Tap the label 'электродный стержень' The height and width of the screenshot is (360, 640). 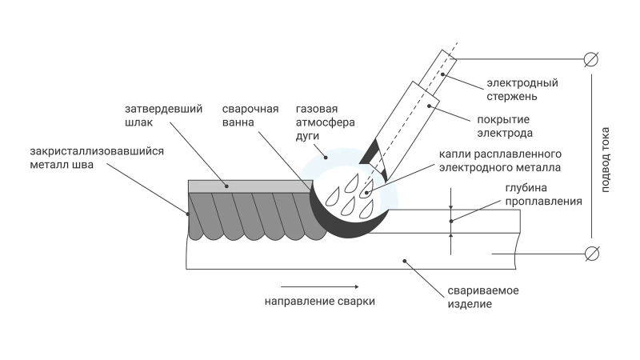pos(522,90)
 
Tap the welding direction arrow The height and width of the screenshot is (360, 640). pos(318,286)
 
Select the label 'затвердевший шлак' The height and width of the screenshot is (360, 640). pos(153,116)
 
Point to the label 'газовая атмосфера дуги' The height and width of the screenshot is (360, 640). pos(318,122)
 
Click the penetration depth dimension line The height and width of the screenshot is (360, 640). pos(451,221)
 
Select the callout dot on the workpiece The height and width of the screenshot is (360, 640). pos(405,260)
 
